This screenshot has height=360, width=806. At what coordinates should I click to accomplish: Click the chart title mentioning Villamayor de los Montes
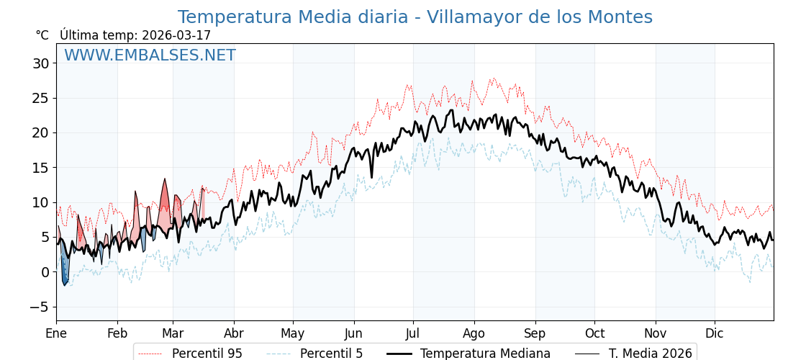click(x=415, y=17)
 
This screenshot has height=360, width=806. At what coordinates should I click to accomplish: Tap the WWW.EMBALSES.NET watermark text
click(x=150, y=55)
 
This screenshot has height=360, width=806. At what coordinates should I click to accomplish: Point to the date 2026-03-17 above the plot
click(x=176, y=35)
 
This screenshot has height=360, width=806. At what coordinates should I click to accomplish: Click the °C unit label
click(x=42, y=35)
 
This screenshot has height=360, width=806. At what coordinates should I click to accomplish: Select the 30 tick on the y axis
click(x=40, y=63)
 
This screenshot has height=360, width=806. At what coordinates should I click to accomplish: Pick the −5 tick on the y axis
click(x=39, y=307)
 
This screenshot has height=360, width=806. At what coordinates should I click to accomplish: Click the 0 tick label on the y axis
click(x=45, y=272)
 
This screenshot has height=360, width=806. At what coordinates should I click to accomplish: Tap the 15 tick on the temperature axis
click(x=40, y=168)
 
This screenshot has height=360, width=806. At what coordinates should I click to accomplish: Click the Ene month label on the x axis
click(x=56, y=334)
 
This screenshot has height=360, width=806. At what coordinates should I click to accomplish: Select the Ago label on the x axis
click(x=474, y=334)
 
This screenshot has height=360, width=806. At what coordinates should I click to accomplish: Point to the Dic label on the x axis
click(x=715, y=334)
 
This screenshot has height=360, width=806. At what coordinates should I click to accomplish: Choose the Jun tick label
click(x=353, y=334)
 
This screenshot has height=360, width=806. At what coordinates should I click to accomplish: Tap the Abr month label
click(x=234, y=334)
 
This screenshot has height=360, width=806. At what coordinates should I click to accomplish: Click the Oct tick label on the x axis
click(x=594, y=334)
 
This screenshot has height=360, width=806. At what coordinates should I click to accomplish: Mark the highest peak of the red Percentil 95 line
click(x=493, y=78)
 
